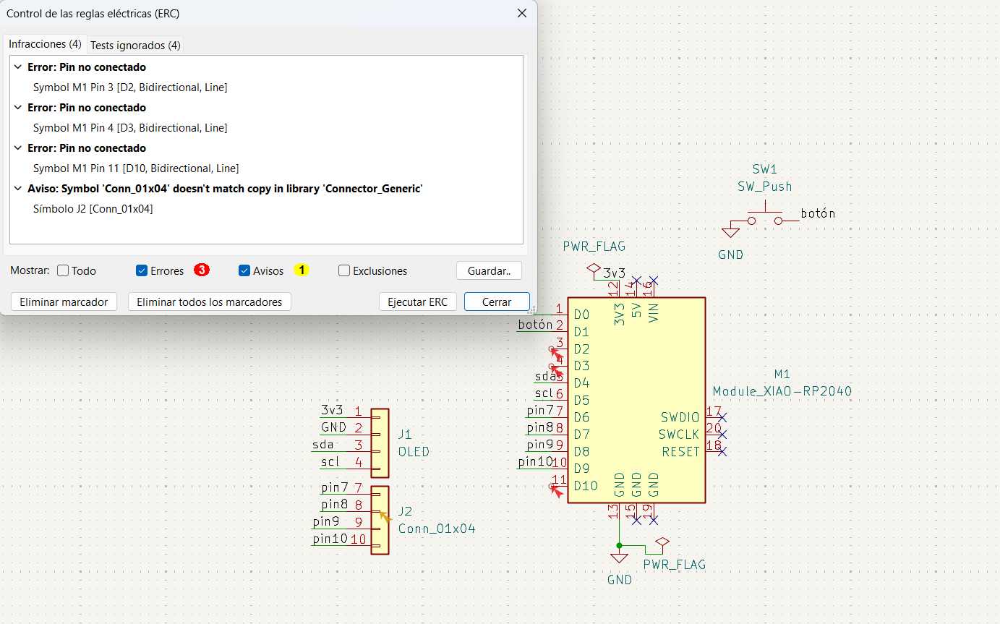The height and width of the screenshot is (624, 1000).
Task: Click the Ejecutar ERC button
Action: pyautogui.click(x=417, y=302)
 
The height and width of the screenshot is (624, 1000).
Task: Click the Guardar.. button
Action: pyautogui.click(x=489, y=271)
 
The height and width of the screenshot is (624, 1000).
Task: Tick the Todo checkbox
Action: pyautogui.click(x=63, y=271)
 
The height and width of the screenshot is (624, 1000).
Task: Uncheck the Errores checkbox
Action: pyautogui.click(x=142, y=271)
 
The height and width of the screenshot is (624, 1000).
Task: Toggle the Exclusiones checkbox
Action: pyautogui.click(x=344, y=271)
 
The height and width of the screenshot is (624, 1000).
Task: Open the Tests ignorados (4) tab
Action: pyautogui.click(x=135, y=45)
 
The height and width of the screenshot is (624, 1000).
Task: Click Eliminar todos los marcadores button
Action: pyautogui.click(x=209, y=302)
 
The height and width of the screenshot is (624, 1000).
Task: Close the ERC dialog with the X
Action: pyautogui.click(x=522, y=14)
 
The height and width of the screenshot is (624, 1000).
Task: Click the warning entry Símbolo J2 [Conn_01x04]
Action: pyautogui.click(x=93, y=209)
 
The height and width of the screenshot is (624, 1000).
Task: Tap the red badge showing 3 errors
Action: pyautogui.click(x=202, y=270)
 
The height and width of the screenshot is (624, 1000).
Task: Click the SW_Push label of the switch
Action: pyautogui.click(x=764, y=187)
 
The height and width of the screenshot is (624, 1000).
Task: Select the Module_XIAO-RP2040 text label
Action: pyautogui.click(x=782, y=391)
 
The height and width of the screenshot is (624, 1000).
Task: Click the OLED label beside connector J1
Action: pyautogui.click(x=414, y=452)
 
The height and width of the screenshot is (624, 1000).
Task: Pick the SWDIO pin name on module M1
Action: pyautogui.click(x=680, y=417)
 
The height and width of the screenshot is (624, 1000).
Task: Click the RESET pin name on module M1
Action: pyautogui.click(x=680, y=452)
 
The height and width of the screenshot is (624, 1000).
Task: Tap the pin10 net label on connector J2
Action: pyautogui.click(x=330, y=539)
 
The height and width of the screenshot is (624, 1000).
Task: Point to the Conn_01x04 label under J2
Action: pyautogui.click(x=437, y=529)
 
